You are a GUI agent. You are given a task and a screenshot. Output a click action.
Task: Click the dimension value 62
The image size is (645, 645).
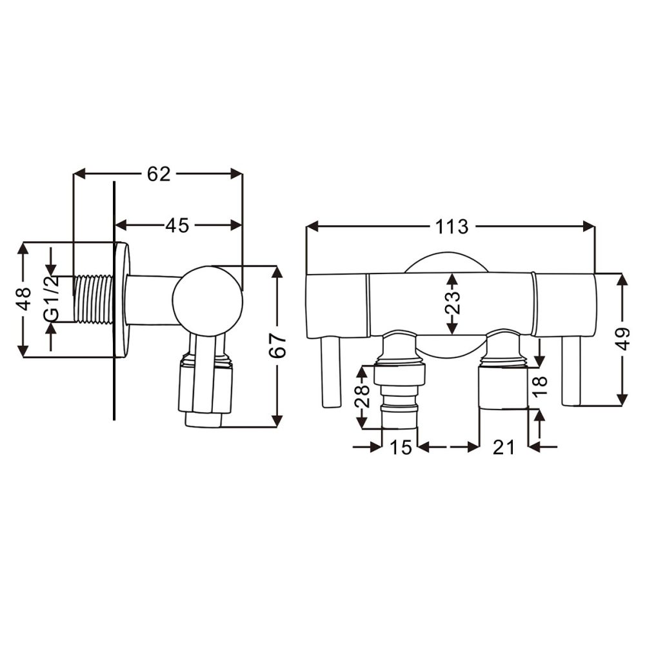click(159, 174)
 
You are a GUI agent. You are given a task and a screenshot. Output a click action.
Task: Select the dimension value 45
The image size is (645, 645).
click(177, 225)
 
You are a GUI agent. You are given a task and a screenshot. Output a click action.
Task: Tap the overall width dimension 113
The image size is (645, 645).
click(451, 226)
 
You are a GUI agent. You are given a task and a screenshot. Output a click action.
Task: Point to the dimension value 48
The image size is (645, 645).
click(24, 299)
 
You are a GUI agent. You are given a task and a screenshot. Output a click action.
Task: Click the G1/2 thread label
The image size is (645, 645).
click(52, 299)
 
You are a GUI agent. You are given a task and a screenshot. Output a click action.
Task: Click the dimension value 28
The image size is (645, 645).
click(362, 396)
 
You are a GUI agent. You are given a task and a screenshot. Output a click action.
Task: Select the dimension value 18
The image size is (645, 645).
click(541, 384)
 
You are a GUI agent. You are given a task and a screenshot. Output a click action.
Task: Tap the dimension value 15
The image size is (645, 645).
click(401, 447)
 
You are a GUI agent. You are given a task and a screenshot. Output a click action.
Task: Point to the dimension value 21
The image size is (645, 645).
click(504, 447)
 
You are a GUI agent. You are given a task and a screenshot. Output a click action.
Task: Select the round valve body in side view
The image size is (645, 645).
click(208, 300)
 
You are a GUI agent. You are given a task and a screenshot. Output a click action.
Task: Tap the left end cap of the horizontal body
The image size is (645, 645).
click(337, 305)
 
